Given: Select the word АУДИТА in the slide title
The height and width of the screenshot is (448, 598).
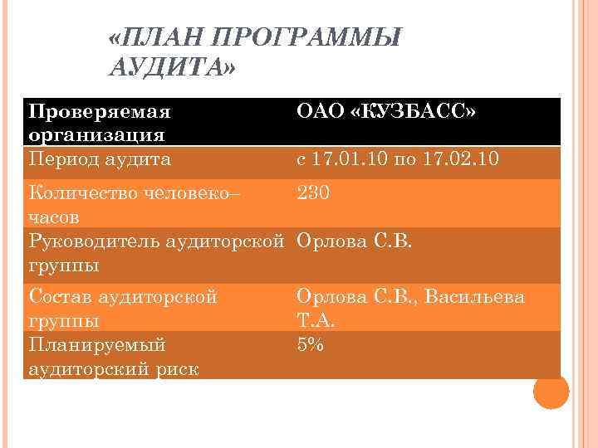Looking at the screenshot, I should pos(169,67).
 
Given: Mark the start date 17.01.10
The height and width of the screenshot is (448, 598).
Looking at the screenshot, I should pos(346,158).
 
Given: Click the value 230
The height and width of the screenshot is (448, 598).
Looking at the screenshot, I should pos(314,193).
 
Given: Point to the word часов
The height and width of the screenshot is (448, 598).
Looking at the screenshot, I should pos(54,217).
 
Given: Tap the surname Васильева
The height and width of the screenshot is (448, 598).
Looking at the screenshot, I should pos(474,296).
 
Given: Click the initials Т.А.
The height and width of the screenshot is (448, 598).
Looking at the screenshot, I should pos(314,320).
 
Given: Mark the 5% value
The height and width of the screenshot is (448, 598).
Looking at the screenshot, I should pos(311,344).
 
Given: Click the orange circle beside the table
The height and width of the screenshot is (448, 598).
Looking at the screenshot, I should pos(551,391).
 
